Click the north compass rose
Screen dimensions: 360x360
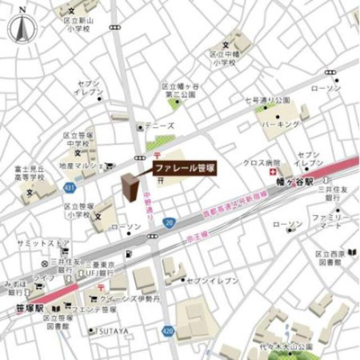pos(20,25)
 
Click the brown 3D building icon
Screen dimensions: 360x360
pos(132,186)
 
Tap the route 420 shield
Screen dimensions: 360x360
pos(169,331)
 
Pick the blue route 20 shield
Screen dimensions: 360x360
pos(168,222)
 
